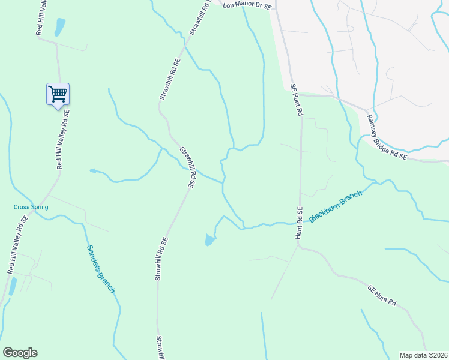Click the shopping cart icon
click(58, 94)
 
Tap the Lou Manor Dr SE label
click(247, 5)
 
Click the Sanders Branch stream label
click(100, 269)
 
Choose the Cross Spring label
click(31, 207)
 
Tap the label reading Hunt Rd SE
click(298, 223)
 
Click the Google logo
click(20, 353)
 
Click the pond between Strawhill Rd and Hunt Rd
click(209, 240)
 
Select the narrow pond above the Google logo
click(13, 286)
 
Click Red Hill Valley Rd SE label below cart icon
click(63, 139)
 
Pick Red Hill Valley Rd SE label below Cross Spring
click(17, 245)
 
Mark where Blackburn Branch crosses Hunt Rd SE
click(299, 221)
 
